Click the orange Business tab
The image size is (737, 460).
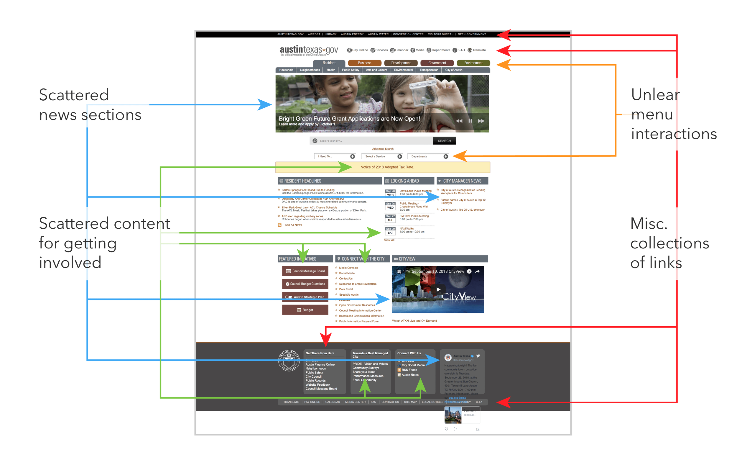(364, 63)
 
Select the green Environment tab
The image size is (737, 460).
(473, 63)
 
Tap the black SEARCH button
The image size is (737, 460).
(444, 141)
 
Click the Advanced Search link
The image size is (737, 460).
(383, 149)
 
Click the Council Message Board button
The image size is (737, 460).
(305, 271)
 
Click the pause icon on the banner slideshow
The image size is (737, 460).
(470, 121)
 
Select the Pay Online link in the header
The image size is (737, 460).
(358, 50)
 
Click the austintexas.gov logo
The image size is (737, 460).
(308, 50)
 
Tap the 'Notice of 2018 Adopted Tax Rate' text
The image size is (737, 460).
(387, 167)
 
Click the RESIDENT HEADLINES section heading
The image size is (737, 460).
(302, 181)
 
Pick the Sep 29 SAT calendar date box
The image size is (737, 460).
(390, 231)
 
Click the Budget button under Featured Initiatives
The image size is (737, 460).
(305, 310)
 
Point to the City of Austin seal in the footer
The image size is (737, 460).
(289, 361)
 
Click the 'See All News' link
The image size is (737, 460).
(293, 225)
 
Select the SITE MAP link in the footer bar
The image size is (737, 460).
(410, 402)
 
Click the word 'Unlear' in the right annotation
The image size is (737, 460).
(655, 95)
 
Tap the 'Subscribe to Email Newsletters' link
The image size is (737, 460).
(357, 284)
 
